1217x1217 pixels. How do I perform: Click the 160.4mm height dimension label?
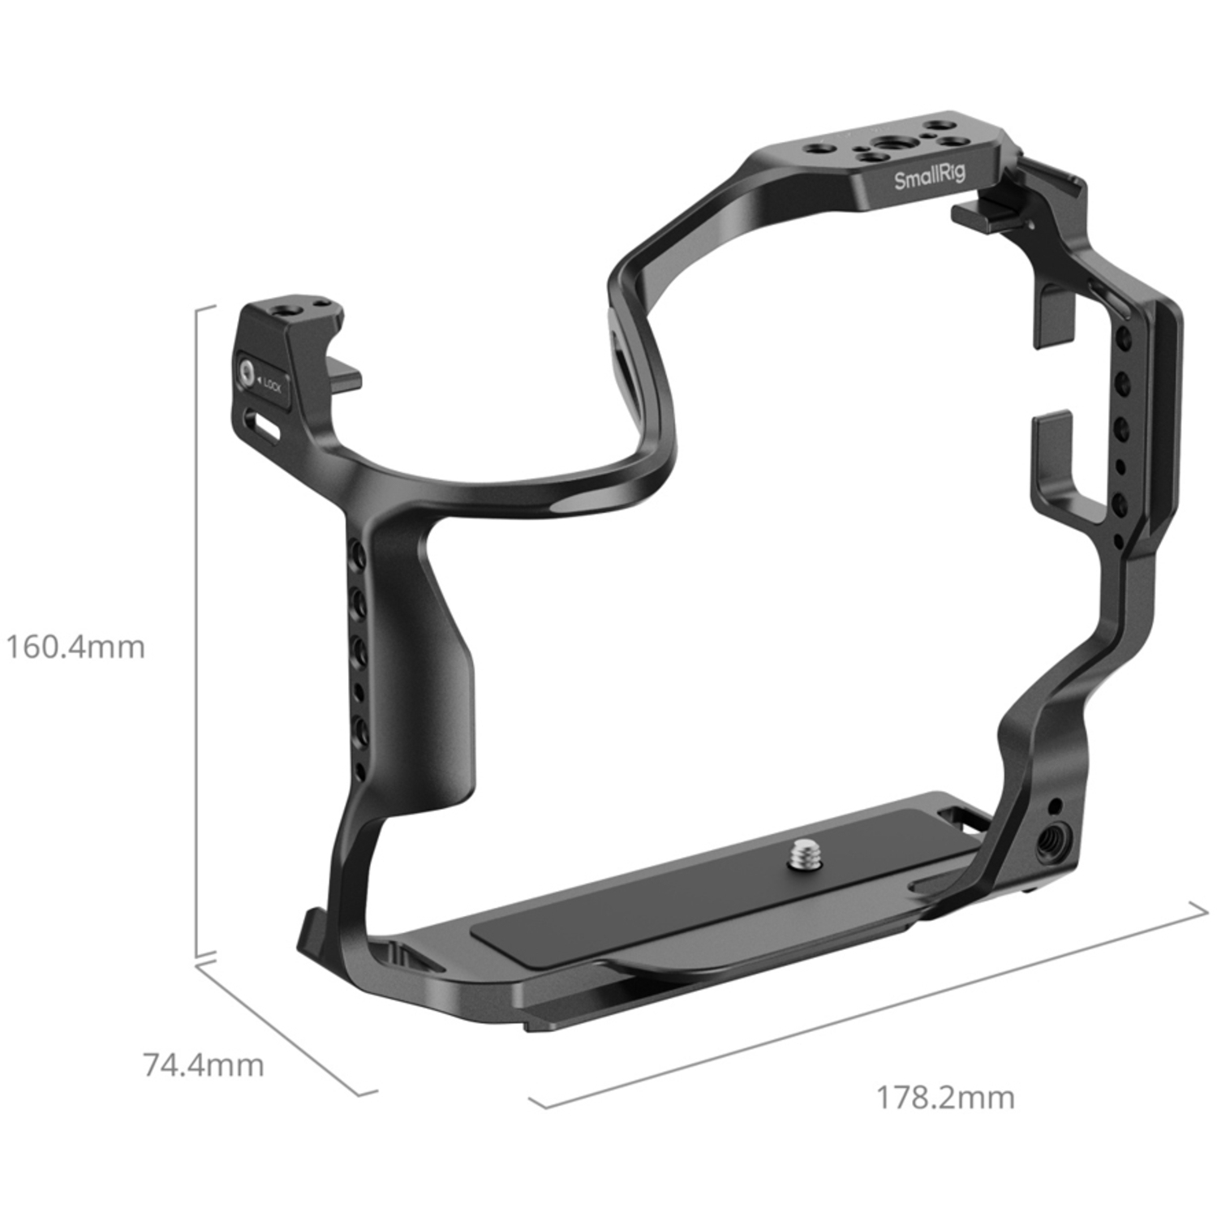(75, 647)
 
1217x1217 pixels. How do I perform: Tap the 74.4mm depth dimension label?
(203, 1065)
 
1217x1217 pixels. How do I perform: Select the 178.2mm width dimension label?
(944, 1098)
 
